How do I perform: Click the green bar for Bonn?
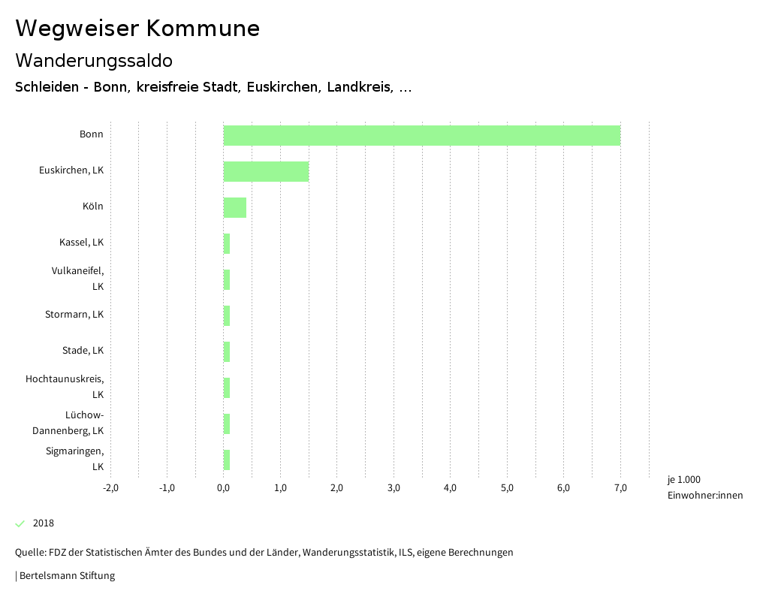(421, 136)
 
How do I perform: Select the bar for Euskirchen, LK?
(266, 171)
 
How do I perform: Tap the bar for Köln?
(234, 207)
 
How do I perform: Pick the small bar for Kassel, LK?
(226, 243)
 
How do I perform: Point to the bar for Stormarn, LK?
(226, 315)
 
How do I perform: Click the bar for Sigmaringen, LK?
(226, 460)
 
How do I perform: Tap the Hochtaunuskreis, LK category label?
(65, 387)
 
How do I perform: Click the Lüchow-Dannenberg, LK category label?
(68, 423)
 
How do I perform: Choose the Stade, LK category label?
(83, 351)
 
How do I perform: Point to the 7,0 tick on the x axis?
(620, 488)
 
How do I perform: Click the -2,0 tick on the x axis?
(110, 488)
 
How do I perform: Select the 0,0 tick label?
(224, 488)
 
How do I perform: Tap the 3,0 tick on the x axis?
(394, 488)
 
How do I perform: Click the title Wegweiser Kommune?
(137, 29)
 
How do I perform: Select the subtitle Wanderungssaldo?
(94, 60)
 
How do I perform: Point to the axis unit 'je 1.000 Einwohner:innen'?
(704, 487)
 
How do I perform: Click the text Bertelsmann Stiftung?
(67, 576)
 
